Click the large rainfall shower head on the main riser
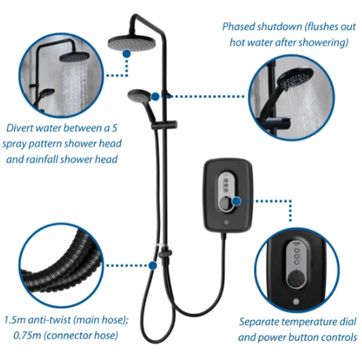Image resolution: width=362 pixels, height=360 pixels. point(132,43)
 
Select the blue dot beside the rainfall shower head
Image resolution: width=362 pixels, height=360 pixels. point(126,54)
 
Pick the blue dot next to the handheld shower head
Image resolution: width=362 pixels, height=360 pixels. point(156,96)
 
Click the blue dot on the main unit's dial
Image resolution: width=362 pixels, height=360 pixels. point(236,201)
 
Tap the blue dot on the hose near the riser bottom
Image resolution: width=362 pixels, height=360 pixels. point(153,266)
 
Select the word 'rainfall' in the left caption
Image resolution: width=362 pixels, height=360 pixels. point(42,160)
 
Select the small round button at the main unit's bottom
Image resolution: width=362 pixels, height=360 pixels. point(226,223)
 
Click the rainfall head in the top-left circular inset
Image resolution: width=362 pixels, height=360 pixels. point(74,57)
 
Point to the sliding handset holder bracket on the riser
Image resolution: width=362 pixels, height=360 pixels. point(164,125)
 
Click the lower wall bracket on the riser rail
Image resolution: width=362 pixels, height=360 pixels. point(165,253)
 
